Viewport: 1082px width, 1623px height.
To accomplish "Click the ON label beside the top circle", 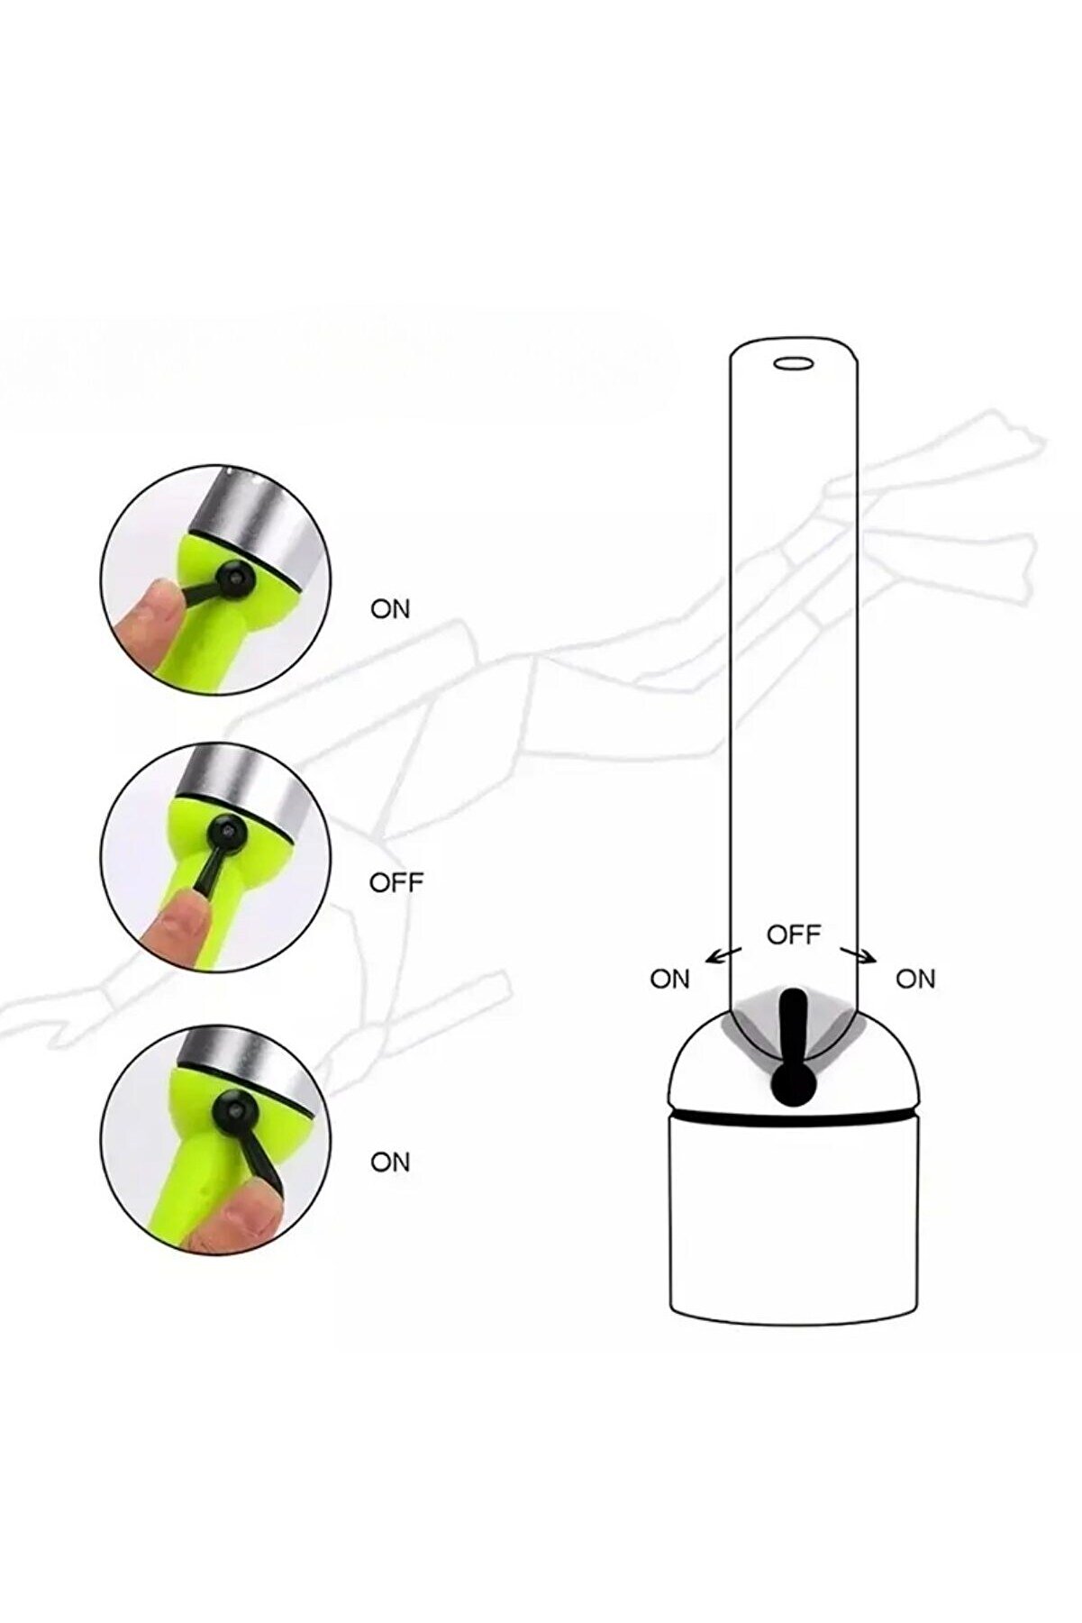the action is (390, 610).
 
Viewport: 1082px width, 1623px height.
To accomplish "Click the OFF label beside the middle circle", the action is (396, 882).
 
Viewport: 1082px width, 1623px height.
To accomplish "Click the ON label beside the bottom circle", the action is (390, 1163).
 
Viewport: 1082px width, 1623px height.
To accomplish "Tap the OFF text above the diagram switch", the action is (794, 935).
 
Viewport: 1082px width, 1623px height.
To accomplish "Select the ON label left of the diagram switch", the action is (669, 979).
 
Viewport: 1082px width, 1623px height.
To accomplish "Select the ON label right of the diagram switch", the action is (915, 979).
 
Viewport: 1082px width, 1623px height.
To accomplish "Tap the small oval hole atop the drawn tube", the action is (794, 363).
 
